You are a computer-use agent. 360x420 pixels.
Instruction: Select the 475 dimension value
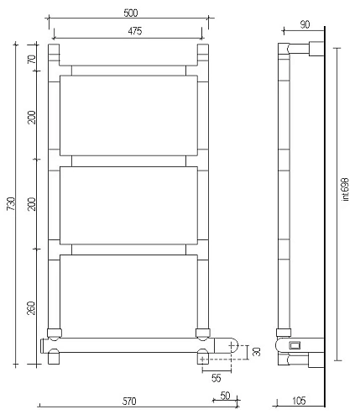tap(128, 31)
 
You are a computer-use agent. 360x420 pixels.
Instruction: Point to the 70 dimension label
tap(32, 60)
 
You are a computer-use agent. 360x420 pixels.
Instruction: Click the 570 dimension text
tap(128, 402)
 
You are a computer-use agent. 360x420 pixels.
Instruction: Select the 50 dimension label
tap(225, 394)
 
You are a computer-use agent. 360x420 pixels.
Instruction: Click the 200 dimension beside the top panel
tap(32, 117)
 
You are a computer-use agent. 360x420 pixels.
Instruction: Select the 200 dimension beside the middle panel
tap(32, 204)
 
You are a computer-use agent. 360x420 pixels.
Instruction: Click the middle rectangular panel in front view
tap(128, 204)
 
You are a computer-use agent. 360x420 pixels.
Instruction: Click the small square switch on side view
tap(295, 344)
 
